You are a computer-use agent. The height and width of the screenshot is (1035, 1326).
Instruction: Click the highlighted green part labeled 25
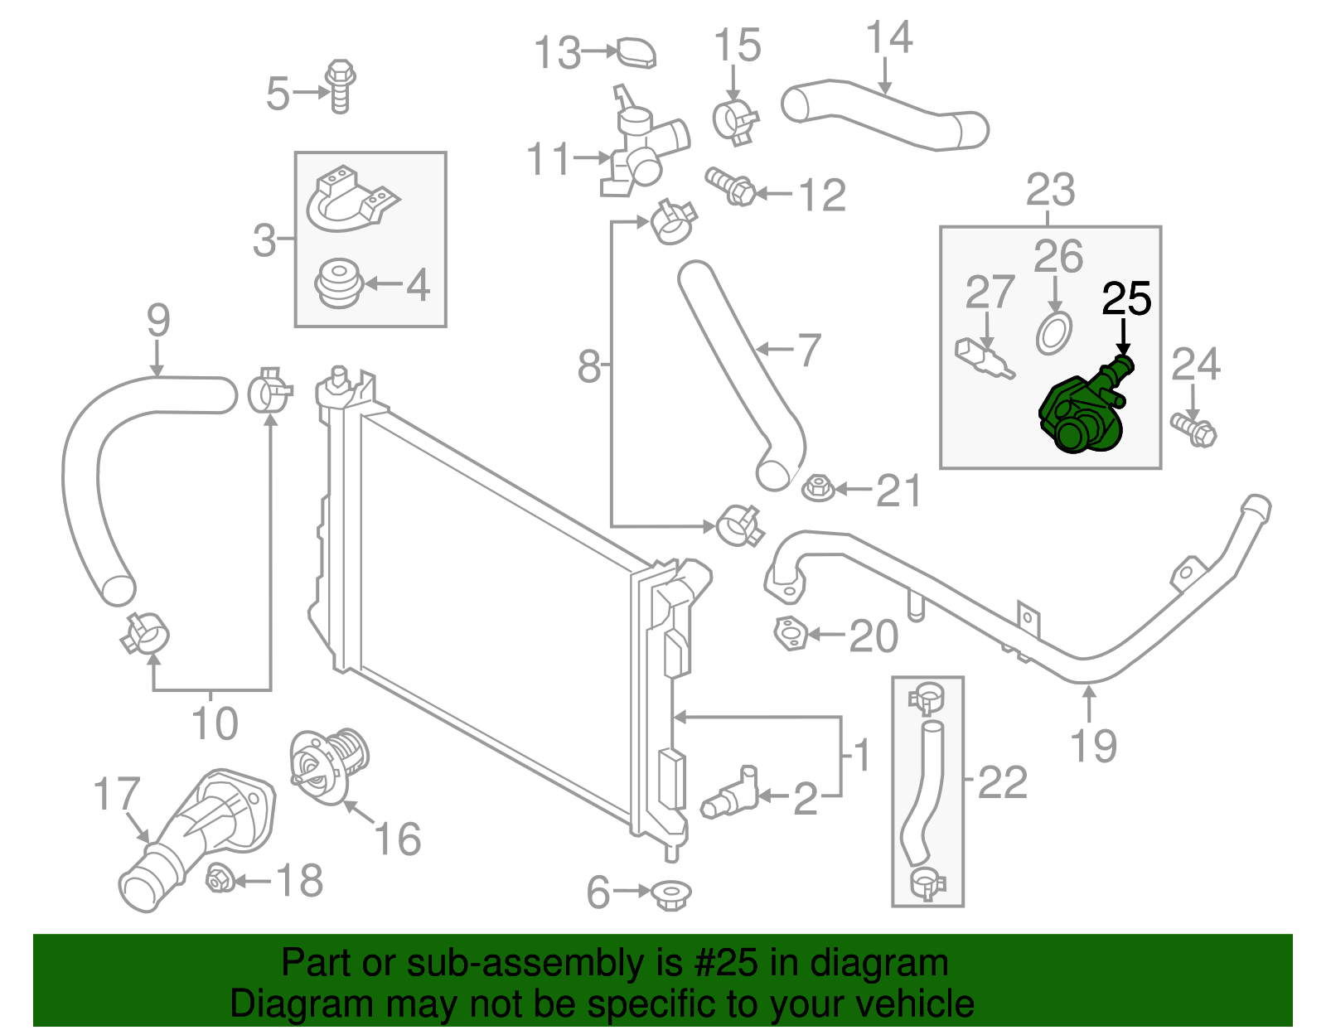[1077, 414]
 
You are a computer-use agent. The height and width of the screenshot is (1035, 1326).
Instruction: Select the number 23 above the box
[1050, 190]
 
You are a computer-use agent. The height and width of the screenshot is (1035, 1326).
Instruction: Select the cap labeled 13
[636, 52]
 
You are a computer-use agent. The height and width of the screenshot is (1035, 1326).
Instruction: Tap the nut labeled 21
[818, 488]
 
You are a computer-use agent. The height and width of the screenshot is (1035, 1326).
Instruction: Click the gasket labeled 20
[790, 635]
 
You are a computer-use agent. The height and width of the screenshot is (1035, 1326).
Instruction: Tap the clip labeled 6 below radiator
[670, 894]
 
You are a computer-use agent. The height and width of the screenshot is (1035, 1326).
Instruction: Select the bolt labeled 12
[731, 186]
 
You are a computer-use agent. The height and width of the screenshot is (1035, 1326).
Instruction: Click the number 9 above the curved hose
[157, 322]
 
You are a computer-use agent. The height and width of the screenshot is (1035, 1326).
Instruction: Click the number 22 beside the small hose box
[1003, 782]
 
